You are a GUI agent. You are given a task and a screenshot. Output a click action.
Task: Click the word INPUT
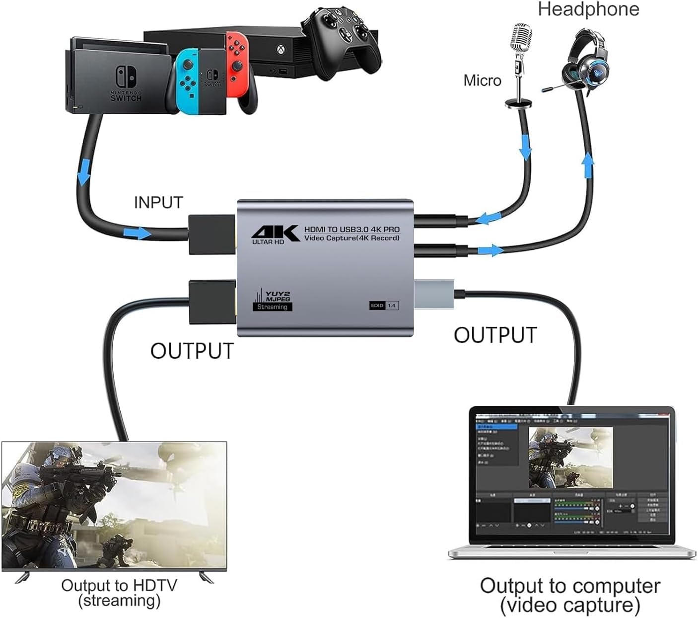[x=158, y=203]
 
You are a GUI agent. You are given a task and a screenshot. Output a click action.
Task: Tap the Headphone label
[x=588, y=9]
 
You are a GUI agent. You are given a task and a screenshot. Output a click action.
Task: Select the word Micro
[x=482, y=80]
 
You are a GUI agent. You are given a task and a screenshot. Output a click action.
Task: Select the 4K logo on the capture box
[x=275, y=232]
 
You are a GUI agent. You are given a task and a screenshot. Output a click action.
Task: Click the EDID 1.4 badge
[x=384, y=305]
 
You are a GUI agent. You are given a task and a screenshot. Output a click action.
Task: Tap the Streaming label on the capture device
[x=272, y=307]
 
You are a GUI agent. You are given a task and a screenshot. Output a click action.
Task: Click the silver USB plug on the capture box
[x=433, y=294]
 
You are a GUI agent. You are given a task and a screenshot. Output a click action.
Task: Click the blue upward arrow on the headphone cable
[x=588, y=165]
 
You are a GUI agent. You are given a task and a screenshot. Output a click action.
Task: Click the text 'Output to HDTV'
[x=119, y=585]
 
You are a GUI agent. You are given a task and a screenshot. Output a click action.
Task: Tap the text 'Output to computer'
[x=570, y=586]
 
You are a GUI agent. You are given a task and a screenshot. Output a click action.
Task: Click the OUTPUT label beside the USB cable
[x=495, y=335]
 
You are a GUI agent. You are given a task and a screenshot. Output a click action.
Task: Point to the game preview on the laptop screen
[x=570, y=457]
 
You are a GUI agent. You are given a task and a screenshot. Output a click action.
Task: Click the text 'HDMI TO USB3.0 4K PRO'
[x=351, y=230]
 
